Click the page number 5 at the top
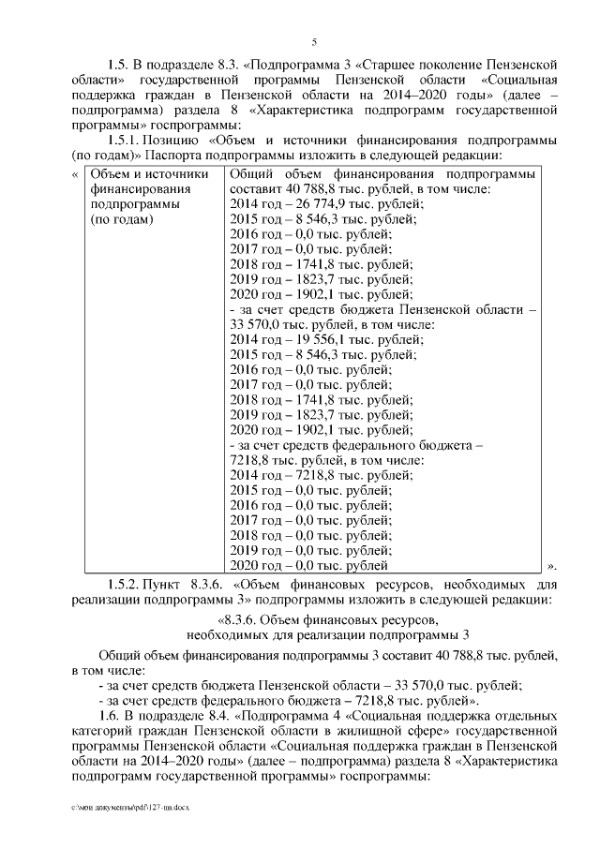click(315, 41)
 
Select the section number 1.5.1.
click(127, 140)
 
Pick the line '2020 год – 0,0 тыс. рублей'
click(308, 565)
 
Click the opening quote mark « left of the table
click(75, 174)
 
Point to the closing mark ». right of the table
click(552, 566)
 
